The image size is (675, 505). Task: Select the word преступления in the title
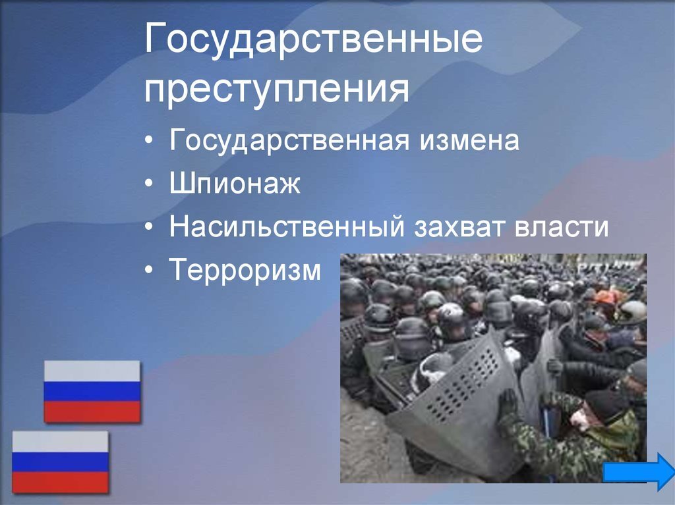276,90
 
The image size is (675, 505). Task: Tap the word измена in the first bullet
469,140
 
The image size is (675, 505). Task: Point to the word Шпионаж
235,183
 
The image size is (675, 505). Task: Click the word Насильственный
287,226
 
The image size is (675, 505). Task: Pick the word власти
562,227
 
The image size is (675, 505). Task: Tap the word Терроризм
245,270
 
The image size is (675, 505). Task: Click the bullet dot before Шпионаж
148,184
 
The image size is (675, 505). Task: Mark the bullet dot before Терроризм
148,270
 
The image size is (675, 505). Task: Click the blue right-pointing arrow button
638,471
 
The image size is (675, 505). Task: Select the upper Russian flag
92,392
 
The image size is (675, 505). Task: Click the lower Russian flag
60,462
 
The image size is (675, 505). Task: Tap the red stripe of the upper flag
92,412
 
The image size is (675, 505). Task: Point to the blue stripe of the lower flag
60,462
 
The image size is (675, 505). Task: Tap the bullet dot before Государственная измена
148,141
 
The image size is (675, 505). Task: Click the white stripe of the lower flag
60,442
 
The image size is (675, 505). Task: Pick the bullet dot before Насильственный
148,226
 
